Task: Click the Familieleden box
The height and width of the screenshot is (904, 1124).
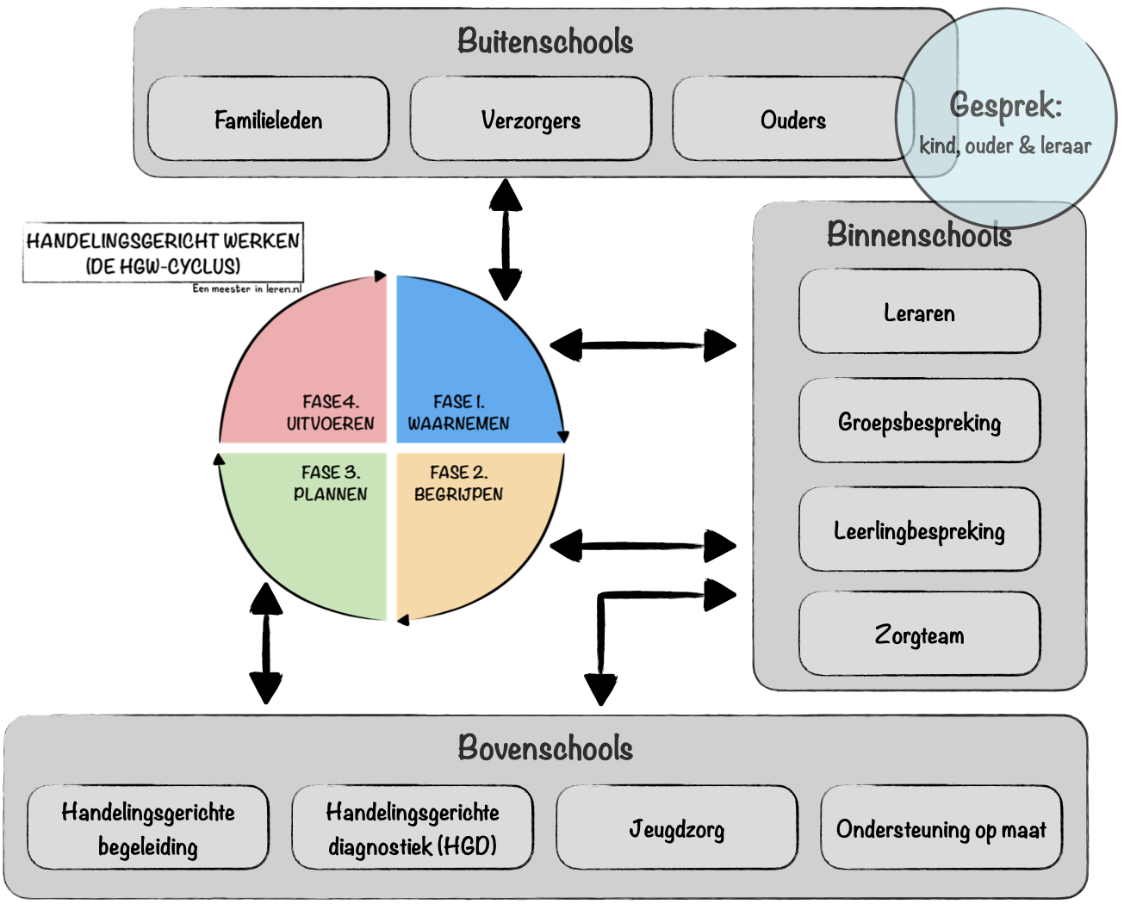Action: coord(268,120)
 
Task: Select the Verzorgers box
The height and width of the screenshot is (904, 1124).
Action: coord(531,120)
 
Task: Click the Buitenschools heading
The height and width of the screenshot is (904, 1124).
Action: coord(545,41)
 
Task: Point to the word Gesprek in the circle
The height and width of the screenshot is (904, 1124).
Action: coord(1005,106)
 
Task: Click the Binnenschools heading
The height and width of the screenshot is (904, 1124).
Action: coord(919,235)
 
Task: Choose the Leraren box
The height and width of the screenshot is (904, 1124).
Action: coord(919,313)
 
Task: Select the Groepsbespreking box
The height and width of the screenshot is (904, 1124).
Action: coord(919,422)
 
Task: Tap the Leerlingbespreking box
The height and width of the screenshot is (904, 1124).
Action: coord(919,530)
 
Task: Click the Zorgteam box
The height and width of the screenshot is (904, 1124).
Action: coord(919,635)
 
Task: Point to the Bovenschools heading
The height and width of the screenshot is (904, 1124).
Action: coord(545,748)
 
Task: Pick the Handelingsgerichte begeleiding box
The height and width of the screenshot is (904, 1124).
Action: coord(148,828)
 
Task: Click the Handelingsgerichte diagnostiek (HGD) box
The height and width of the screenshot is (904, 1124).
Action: coord(413,828)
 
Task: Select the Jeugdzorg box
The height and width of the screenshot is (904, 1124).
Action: coord(677,828)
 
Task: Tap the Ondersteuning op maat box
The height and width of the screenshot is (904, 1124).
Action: coord(941,828)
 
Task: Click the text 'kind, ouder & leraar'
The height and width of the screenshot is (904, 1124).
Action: coord(1005,146)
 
